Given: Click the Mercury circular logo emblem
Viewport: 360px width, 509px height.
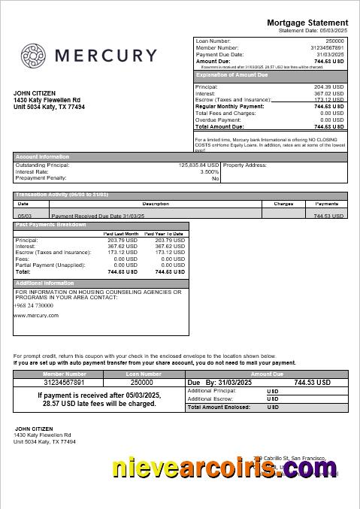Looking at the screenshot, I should [x=34, y=56].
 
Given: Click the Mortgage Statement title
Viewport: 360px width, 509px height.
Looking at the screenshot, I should [x=307, y=23].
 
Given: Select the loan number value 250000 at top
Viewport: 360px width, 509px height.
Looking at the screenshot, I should [x=334, y=41].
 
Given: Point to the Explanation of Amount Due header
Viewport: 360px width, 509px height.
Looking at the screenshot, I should [x=231, y=75].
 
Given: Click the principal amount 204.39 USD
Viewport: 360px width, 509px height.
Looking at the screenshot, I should [x=328, y=87].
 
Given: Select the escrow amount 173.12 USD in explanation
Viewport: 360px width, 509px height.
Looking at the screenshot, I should [x=328, y=100].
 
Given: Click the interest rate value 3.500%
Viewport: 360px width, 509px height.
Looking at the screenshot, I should [x=209, y=172].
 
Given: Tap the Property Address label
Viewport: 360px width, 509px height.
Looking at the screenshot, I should [x=245, y=165].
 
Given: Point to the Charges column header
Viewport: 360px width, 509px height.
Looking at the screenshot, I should [x=283, y=204].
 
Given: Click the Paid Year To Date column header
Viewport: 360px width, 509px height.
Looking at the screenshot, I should [x=164, y=234].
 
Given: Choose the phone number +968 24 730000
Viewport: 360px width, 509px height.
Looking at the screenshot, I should [x=34, y=305].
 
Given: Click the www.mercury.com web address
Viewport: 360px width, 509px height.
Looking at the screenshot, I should [x=36, y=316].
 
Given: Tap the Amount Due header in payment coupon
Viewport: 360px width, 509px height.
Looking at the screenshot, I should [x=266, y=374].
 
